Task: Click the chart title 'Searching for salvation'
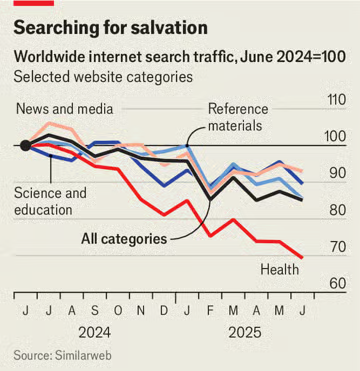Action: pos(110,28)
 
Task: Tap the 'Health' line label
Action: pos(280,269)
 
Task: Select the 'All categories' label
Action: pos(124,239)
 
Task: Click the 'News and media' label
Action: pos(65,109)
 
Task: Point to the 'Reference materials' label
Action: pos(238,117)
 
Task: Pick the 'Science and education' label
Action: pos(50,201)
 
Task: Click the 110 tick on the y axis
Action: pos(335,101)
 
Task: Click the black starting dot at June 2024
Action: pos(25,145)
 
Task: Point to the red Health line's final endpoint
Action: pos(302,257)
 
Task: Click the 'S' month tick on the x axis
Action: pos(95,311)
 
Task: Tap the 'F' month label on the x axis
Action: pos(210,311)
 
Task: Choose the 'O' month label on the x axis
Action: pos(118,311)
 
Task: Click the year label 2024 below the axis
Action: pos(94,332)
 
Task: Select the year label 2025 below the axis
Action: pos(245,332)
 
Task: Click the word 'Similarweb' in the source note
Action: pos(82,355)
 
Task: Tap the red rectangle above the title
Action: pos(34,3)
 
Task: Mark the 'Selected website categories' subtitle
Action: pos(103,77)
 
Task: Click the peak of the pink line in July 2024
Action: pos(49,123)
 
